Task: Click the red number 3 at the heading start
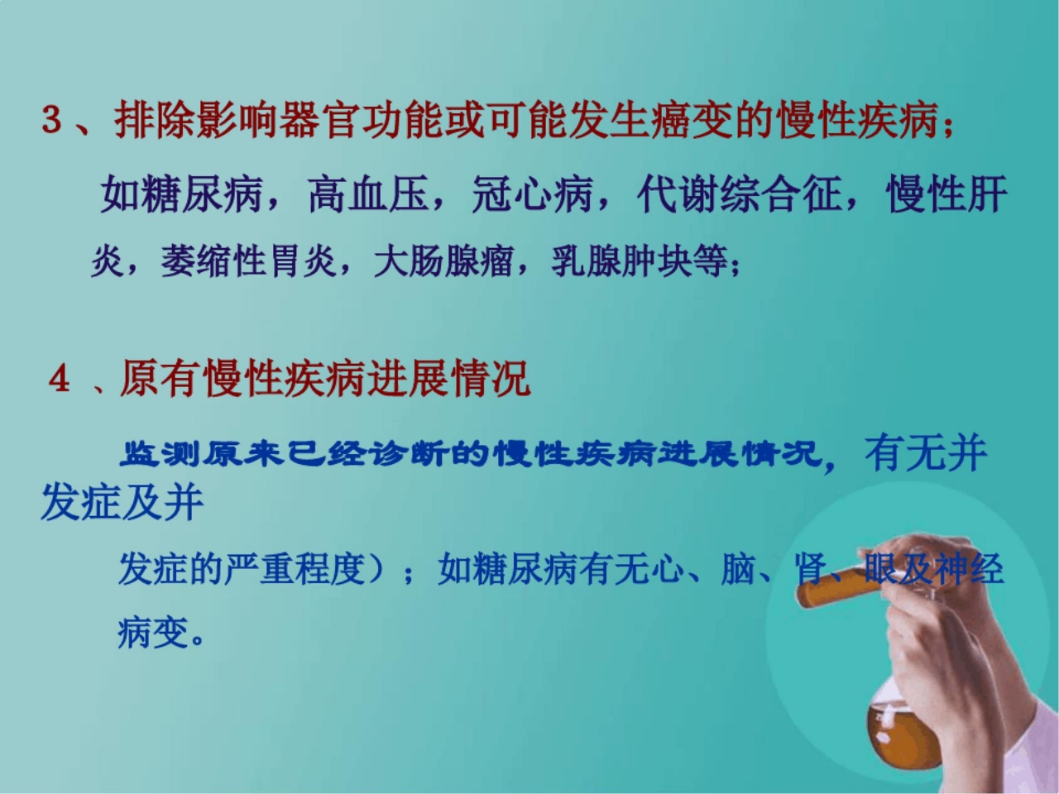click(x=52, y=122)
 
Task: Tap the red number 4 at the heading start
click(x=60, y=380)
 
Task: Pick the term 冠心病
click(x=534, y=196)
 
